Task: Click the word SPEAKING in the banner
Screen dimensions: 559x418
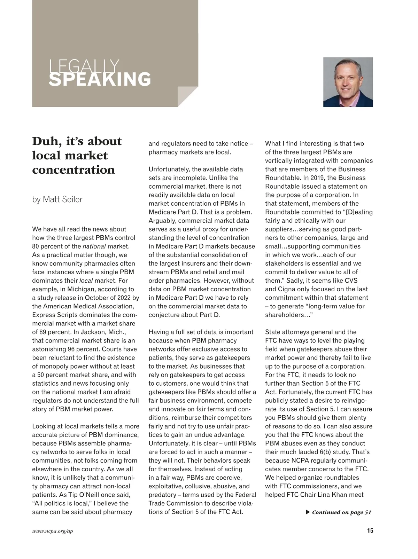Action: pos(100,79)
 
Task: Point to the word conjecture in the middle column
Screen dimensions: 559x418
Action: pos(163,315)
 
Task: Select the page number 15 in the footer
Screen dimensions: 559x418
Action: pos(370,531)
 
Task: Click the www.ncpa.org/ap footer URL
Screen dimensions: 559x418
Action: pos(53,531)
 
